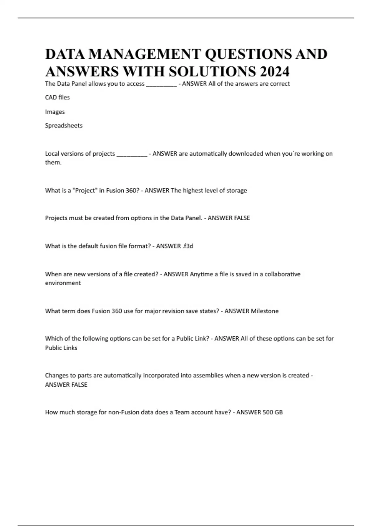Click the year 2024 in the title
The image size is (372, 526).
click(275, 71)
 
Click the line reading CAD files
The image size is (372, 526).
click(57, 97)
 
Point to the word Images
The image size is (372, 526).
click(55, 112)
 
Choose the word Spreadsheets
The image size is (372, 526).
click(64, 126)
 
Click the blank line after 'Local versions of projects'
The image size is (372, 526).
click(132, 155)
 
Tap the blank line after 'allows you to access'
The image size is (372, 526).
click(161, 85)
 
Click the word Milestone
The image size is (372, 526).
click(264, 311)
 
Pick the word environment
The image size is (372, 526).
click(63, 283)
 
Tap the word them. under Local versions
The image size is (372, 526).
click(53, 163)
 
